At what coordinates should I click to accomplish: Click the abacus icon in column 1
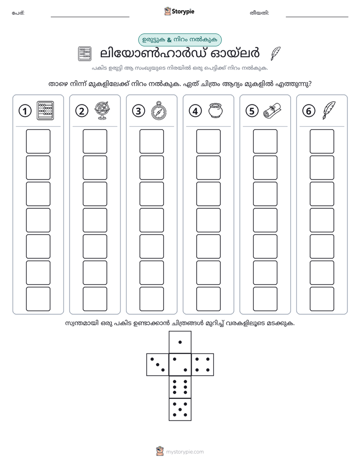[45, 110]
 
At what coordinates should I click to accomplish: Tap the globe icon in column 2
[102, 110]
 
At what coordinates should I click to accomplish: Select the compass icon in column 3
[159, 110]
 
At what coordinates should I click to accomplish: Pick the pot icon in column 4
[216, 110]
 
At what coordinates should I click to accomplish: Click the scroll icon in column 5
[272, 110]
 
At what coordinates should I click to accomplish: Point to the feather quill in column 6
[329, 110]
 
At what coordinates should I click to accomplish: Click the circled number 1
[25, 111]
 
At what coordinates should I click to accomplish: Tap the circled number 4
[195, 111]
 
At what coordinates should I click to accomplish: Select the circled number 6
[309, 111]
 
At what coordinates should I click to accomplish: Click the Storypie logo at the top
[179, 11]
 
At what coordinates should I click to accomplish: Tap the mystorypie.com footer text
[185, 452]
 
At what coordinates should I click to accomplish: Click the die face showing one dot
[180, 342]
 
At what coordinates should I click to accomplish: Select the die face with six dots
[180, 387]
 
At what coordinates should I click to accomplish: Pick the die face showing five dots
[180, 410]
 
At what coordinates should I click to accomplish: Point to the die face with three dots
[158, 365]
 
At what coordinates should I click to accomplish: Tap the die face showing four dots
[203, 365]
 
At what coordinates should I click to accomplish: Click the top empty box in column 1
[38, 141]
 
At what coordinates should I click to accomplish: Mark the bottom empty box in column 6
[322, 299]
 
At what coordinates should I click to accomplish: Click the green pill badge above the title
[179, 40]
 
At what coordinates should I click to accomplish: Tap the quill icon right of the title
[275, 53]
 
